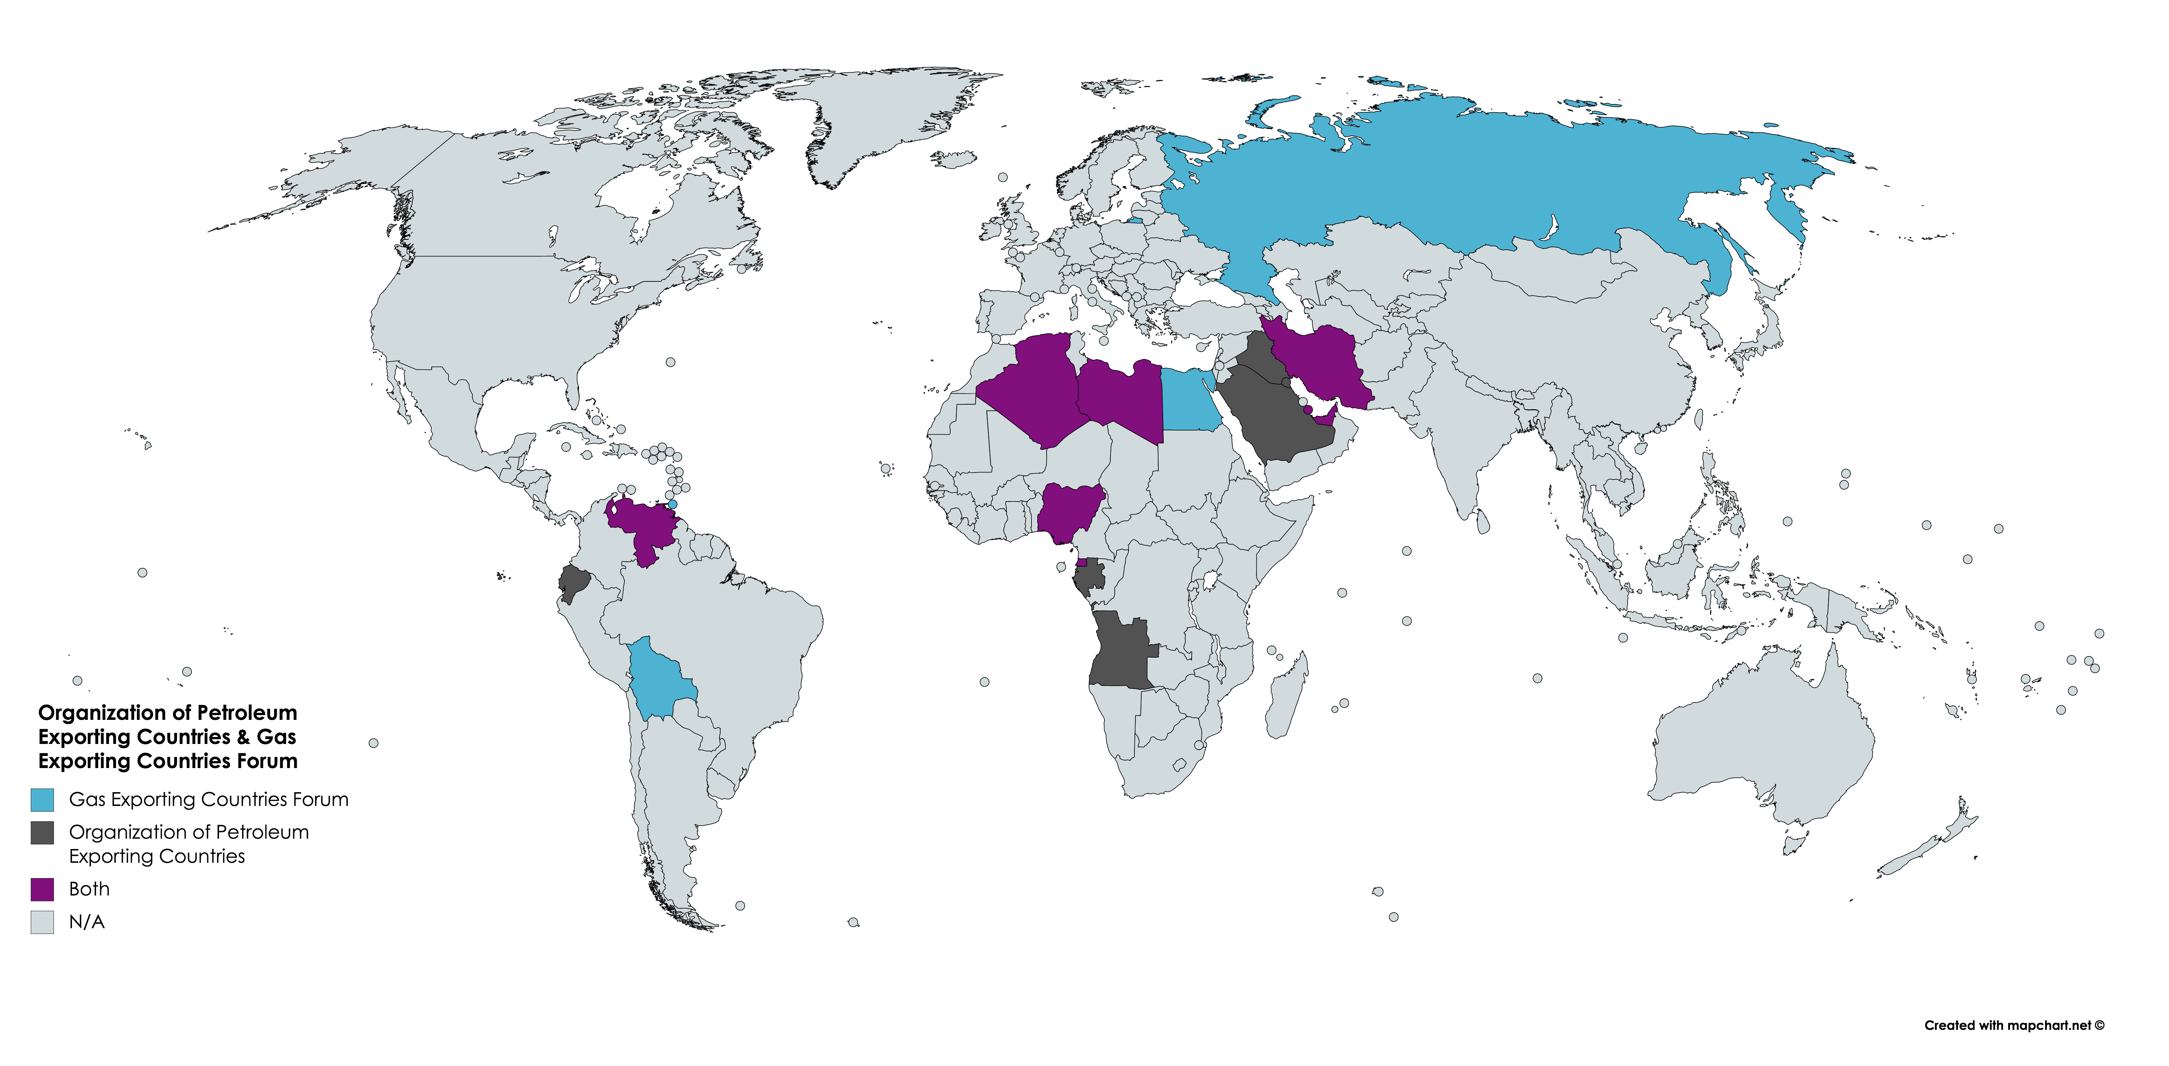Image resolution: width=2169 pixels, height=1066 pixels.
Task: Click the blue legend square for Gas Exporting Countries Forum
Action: click(x=42, y=799)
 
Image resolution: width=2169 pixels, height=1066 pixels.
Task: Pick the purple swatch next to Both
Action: click(x=42, y=889)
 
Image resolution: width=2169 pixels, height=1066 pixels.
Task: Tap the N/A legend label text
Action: click(x=87, y=922)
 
